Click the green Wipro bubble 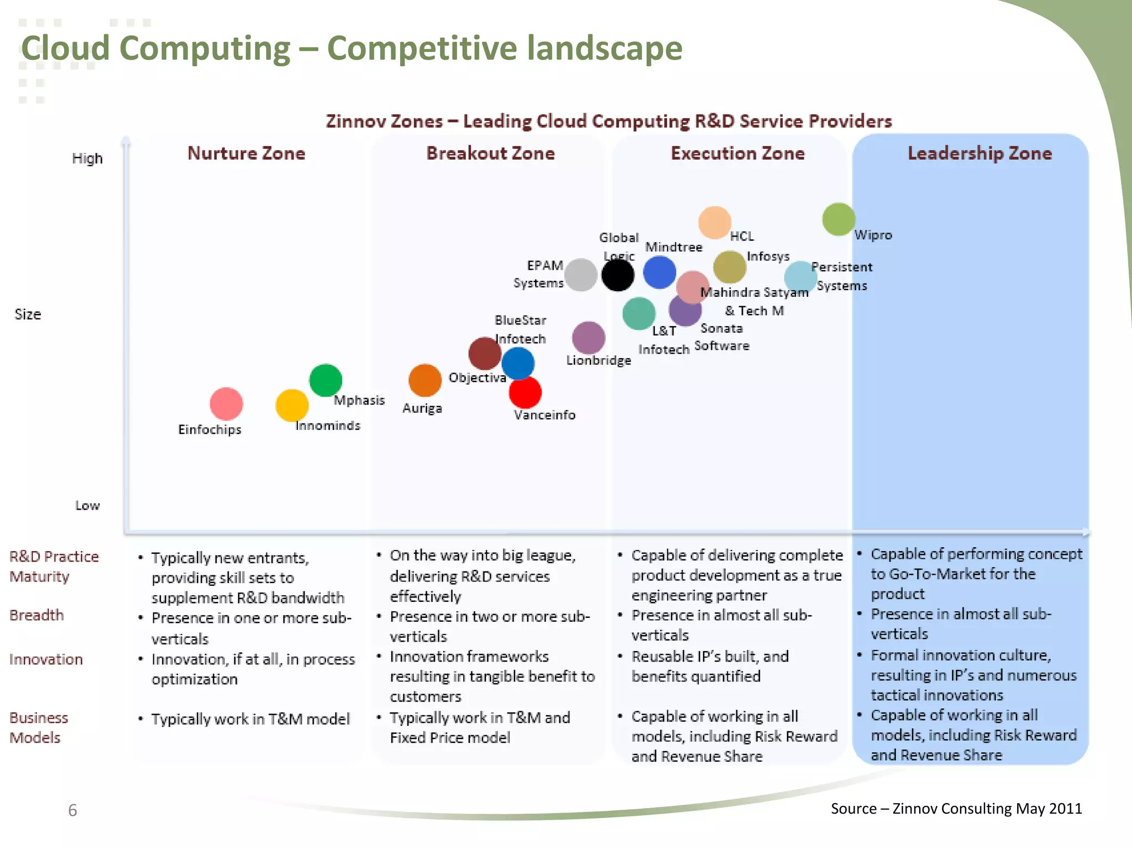pyautogui.click(x=838, y=219)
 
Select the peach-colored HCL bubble pyautogui.click(x=715, y=223)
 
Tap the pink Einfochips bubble pyautogui.click(x=226, y=403)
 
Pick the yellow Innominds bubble pyautogui.click(x=292, y=405)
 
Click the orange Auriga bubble pyautogui.click(x=424, y=380)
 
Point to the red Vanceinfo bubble pyautogui.click(x=525, y=392)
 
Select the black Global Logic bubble pyautogui.click(x=617, y=275)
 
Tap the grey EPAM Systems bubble pyautogui.click(x=580, y=275)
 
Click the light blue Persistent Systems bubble pyautogui.click(x=800, y=276)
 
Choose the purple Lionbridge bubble pyautogui.click(x=588, y=338)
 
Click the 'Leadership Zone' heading pyautogui.click(x=979, y=153)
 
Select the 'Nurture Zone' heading pyautogui.click(x=247, y=153)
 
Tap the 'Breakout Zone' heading pyautogui.click(x=490, y=153)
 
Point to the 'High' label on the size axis pyautogui.click(x=87, y=159)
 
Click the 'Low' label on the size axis pyautogui.click(x=87, y=505)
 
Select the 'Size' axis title pyautogui.click(x=28, y=314)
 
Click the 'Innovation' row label pyautogui.click(x=46, y=659)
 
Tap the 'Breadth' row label pyautogui.click(x=36, y=615)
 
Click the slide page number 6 pyautogui.click(x=72, y=810)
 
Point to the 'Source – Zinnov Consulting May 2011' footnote pyautogui.click(x=956, y=809)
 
